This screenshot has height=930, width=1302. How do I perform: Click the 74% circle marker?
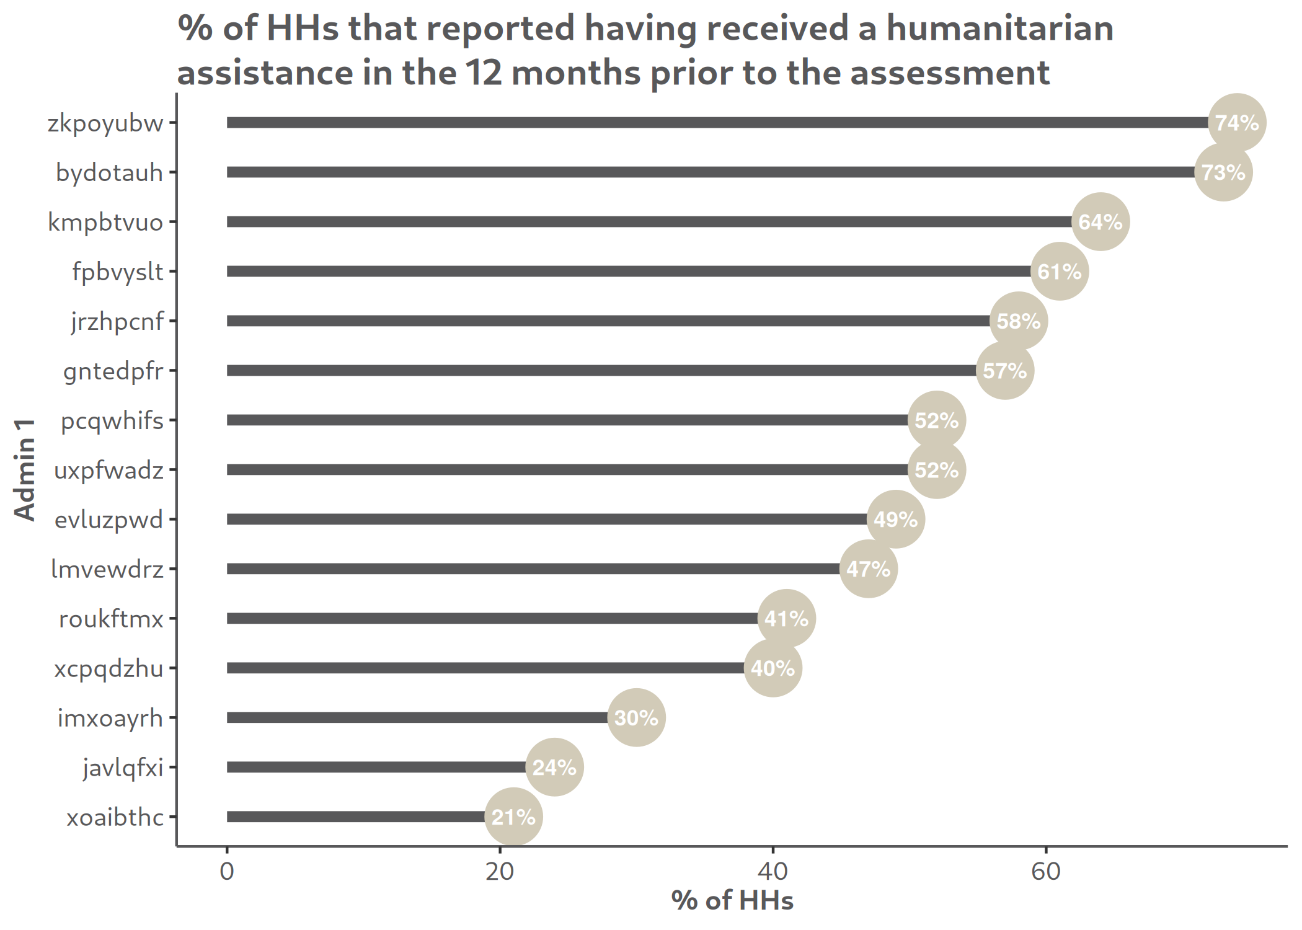pyautogui.click(x=1237, y=123)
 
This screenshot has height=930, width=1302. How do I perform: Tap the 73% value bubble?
pyautogui.click(x=1223, y=172)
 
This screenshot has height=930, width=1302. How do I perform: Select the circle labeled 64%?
pyautogui.click(x=1100, y=222)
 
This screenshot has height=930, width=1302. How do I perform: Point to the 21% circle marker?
pyautogui.click(x=513, y=817)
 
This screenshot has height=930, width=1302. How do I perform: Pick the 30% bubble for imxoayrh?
pyautogui.click(x=636, y=718)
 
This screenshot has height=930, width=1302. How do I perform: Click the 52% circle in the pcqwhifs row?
pyautogui.click(x=936, y=420)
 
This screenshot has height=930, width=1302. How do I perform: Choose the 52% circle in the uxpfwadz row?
pyautogui.click(x=936, y=470)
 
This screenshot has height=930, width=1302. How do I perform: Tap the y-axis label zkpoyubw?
pyautogui.click(x=105, y=123)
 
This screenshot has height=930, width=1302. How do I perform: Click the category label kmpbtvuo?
pyautogui.click(x=105, y=223)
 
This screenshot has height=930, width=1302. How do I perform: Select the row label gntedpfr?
pyautogui.click(x=113, y=371)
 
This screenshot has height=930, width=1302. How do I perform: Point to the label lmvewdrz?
pyautogui.click(x=107, y=569)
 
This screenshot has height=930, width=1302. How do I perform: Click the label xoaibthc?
pyautogui.click(x=115, y=817)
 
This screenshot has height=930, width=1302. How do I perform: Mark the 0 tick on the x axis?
pyautogui.click(x=227, y=872)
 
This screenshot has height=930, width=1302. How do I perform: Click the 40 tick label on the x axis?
pyautogui.click(x=773, y=872)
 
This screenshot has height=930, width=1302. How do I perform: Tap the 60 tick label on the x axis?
pyautogui.click(x=1046, y=872)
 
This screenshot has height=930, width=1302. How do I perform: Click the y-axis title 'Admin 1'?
pyautogui.click(x=25, y=469)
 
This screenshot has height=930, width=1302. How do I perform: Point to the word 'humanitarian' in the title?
pyautogui.click(x=999, y=29)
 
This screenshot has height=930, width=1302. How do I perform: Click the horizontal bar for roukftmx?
pyautogui.click(x=492, y=619)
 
